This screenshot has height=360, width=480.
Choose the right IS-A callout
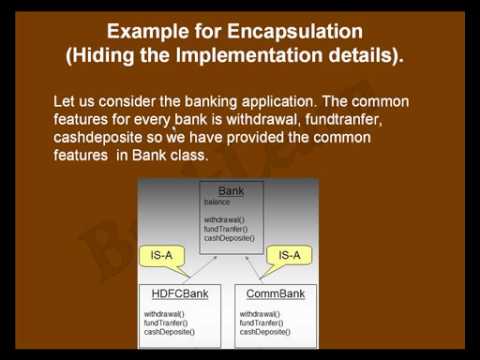290,256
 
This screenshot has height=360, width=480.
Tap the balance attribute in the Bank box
217,202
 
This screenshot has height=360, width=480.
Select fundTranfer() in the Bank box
225,228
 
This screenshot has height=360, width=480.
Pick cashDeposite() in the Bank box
229,238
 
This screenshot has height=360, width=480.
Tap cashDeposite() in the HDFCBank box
169,332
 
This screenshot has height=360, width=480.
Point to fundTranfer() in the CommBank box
262,323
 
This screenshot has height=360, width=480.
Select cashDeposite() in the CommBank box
265,332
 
